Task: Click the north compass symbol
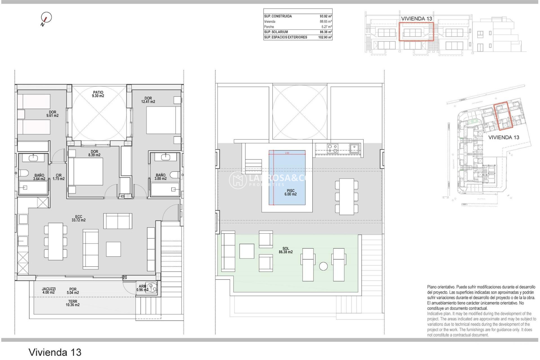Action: point(46,18)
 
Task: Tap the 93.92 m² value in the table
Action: point(325,16)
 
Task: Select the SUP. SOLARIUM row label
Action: point(276,32)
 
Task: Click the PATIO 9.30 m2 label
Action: point(98,94)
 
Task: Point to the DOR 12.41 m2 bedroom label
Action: point(148,100)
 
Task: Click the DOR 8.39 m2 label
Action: point(94,153)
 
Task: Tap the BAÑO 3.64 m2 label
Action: point(39,177)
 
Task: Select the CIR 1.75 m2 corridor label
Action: point(58,177)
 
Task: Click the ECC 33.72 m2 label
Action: point(78,218)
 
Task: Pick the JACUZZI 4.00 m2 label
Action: point(49,291)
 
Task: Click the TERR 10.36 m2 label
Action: point(73,303)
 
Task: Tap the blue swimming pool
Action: point(287,177)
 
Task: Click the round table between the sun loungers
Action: point(323,266)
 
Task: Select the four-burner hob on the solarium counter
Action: point(332,148)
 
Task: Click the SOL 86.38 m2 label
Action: point(285,250)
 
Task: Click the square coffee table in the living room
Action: point(113,249)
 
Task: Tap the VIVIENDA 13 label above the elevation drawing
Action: point(416,19)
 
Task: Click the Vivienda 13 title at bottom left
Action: point(55,352)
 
